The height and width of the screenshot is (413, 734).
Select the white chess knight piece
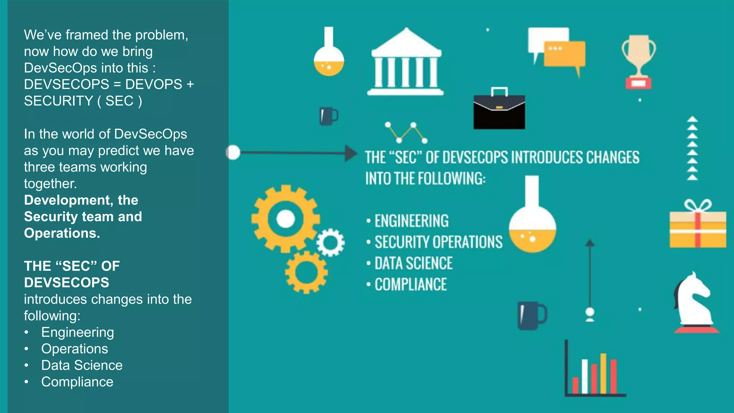pos(695,303)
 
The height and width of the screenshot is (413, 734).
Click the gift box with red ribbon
pos(698,228)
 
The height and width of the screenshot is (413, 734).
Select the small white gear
pos(330,243)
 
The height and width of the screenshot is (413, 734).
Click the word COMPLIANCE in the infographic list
pos(411,285)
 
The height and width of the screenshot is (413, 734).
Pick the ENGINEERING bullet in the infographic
pos(411,221)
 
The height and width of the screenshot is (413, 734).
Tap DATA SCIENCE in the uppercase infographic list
pos(414,264)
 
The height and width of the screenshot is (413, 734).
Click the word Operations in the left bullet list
pos(75,349)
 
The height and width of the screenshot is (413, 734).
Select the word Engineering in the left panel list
pos(77,332)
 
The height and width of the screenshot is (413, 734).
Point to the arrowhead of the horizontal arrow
pos(351,153)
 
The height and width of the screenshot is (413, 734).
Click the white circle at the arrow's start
pos(233,152)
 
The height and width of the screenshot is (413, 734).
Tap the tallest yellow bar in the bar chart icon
pos(603,373)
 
